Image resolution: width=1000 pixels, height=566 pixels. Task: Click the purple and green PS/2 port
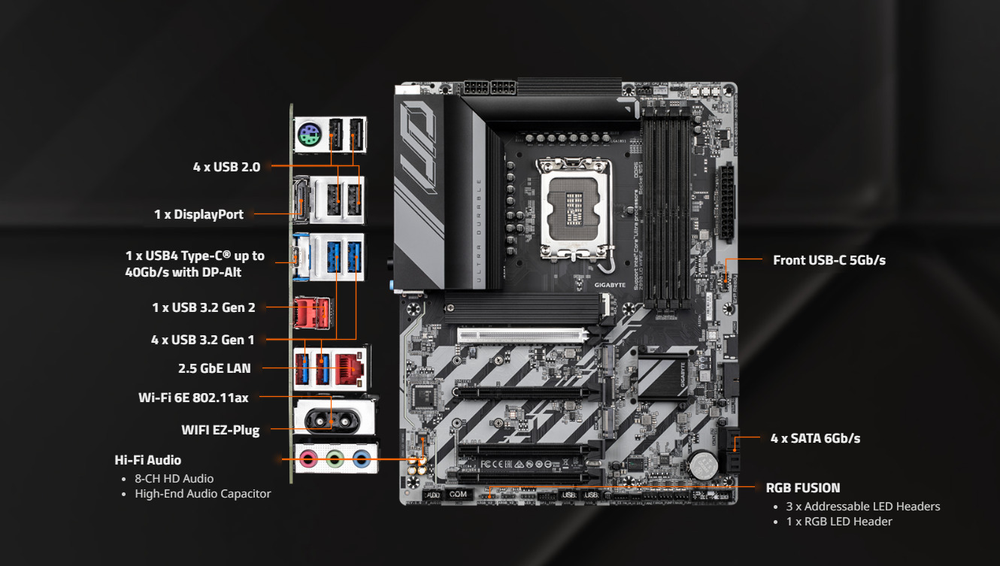coord(309,135)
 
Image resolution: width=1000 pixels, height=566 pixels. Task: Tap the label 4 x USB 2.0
coord(226,167)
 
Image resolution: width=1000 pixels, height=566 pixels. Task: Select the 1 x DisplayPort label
coord(198,214)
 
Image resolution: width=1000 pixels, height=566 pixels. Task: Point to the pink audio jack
coord(308,459)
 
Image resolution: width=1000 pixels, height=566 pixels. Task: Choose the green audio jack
coord(335,459)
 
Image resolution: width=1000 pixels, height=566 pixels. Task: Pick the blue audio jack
coord(361,459)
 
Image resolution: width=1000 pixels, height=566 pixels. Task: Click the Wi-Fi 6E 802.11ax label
coord(193,398)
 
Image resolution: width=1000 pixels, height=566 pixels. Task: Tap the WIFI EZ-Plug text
coord(220,430)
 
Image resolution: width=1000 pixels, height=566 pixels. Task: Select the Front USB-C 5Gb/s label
coord(829,260)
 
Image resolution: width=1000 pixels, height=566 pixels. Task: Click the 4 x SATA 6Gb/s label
coord(815,438)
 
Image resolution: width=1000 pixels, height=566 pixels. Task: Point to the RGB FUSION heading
coord(803,488)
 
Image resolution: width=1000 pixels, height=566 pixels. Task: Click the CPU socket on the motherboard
coord(574,208)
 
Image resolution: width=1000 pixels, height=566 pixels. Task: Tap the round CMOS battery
coord(704,465)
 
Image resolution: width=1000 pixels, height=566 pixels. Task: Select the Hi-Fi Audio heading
coord(148,460)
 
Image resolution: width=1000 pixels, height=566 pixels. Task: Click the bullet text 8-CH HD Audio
coord(174,479)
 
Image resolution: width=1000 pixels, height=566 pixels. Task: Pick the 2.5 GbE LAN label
coord(214,368)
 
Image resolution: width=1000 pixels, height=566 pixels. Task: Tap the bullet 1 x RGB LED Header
coord(839,522)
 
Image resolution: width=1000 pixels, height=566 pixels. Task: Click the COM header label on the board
coord(458,494)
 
